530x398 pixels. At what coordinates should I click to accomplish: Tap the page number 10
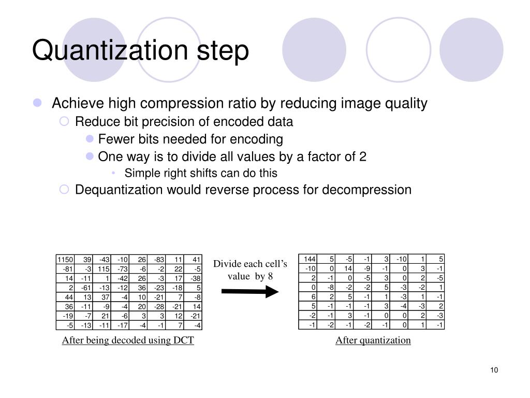[493, 369]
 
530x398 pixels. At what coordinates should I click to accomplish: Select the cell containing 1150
[65, 259]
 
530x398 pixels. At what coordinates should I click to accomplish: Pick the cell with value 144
[310, 259]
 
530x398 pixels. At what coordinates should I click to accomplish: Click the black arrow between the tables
[249, 292]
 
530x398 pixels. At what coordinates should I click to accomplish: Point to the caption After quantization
[373, 340]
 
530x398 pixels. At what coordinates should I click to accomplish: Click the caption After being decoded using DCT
[128, 340]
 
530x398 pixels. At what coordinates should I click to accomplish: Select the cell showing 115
[104, 268]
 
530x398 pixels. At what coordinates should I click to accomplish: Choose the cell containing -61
[85, 288]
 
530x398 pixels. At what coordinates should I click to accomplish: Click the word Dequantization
[119, 190]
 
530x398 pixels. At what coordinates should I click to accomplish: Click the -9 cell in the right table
[366, 268]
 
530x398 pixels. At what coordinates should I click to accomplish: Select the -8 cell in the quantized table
[329, 288]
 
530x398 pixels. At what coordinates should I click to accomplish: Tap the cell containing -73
[122, 268]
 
